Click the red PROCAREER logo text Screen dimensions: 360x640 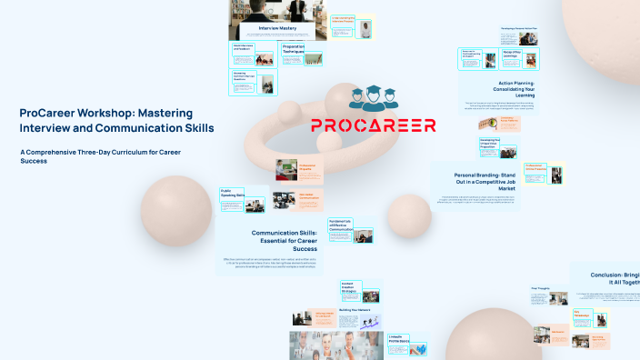tap(373, 125)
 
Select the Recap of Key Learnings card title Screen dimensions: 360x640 tap(511, 54)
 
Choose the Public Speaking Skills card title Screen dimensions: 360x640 tap(232, 194)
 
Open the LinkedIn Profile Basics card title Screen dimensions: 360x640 tap(397, 338)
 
